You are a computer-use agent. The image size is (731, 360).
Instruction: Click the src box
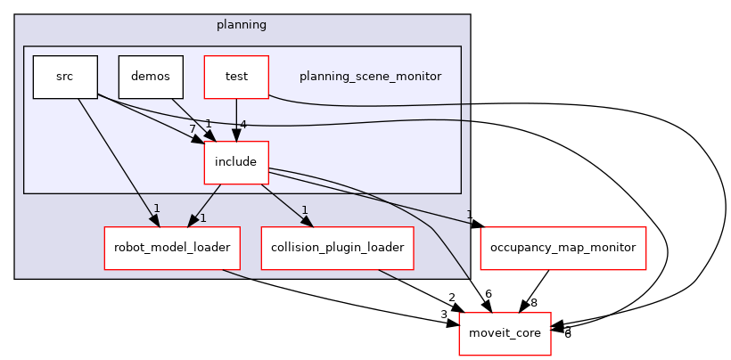[x=64, y=77]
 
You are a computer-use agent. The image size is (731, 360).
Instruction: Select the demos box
[x=151, y=77]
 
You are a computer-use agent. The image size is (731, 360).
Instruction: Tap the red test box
[x=236, y=77]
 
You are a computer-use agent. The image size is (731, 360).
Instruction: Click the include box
[x=236, y=162]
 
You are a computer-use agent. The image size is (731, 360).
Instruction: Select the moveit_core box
[x=504, y=334]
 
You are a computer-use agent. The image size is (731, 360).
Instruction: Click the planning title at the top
[x=242, y=24]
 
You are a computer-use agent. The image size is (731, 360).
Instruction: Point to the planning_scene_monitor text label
[x=370, y=77]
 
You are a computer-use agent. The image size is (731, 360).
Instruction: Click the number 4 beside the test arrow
[x=242, y=124]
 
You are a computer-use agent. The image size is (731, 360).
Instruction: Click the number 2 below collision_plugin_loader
[x=452, y=298]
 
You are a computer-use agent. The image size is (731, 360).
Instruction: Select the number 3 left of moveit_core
[x=443, y=315]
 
